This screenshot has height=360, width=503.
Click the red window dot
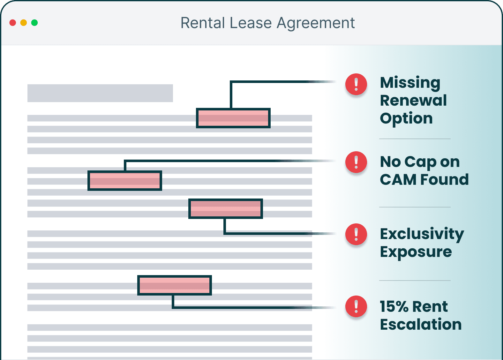[13, 23]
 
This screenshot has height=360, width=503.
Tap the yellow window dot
[24, 23]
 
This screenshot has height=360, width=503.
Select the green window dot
[34, 23]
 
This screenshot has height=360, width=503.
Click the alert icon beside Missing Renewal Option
[356, 84]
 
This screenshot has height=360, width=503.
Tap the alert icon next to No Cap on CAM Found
[356, 162]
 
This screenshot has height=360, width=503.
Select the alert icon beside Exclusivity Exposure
[356, 234]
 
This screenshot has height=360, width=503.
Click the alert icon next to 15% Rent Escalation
[356, 306]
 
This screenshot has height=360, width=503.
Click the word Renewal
[413, 101]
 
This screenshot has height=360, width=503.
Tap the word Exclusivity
[422, 234]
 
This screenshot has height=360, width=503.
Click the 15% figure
[394, 307]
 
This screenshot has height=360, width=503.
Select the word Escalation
[421, 325]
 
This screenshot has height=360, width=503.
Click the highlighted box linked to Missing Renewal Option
[233, 118]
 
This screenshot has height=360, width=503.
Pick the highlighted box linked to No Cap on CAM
[125, 181]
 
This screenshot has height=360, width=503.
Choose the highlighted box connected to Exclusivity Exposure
[226, 209]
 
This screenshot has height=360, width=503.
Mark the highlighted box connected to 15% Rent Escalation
[175, 285]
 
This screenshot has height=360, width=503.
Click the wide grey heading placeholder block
[100, 93]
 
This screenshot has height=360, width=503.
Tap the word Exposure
[416, 252]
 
